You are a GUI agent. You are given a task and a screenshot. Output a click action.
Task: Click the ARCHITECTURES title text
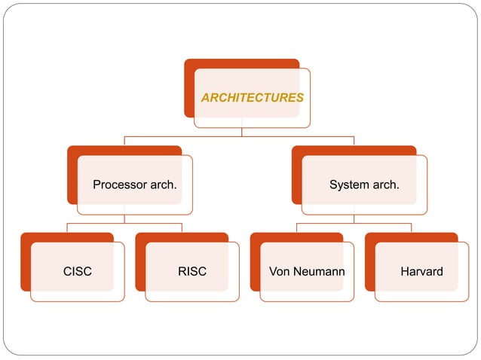[252, 98]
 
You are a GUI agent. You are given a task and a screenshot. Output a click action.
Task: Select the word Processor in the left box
[118, 185]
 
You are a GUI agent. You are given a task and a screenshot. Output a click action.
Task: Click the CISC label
[78, 271]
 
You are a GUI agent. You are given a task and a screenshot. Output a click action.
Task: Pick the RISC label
[192, 271]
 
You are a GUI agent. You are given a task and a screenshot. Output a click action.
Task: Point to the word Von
[279, 271]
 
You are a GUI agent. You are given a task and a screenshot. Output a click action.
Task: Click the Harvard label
[421, 271]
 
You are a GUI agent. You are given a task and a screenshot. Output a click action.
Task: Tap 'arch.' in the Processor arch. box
[162, 185]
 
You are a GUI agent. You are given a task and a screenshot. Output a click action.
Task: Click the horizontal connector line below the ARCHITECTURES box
[181, 136]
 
